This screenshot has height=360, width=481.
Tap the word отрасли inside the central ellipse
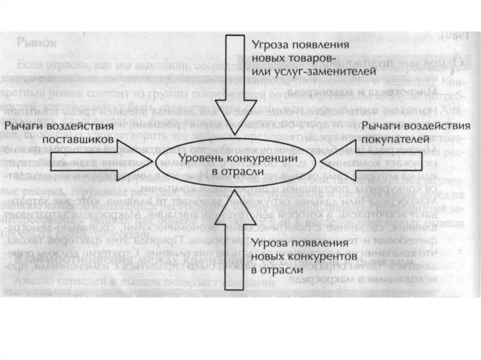click(x=243, y=172)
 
